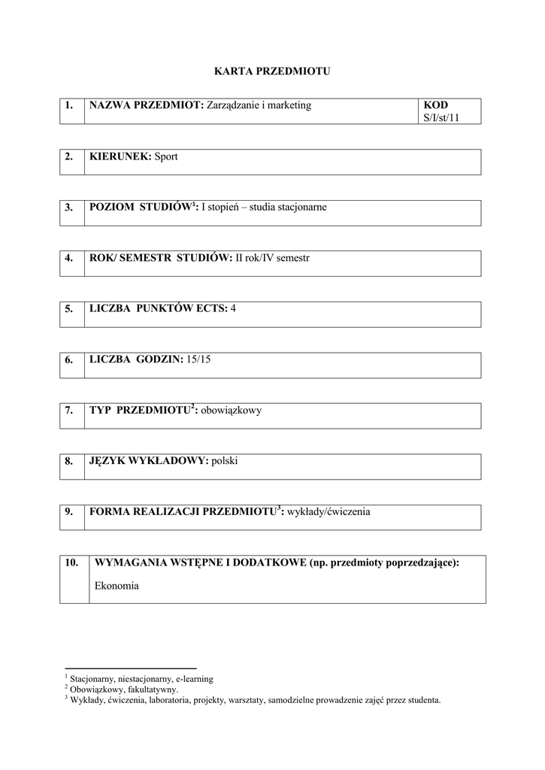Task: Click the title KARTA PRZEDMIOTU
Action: click(x=272, y=71)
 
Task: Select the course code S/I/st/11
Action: click(x=441, y=118)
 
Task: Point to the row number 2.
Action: click(x=68, y=156)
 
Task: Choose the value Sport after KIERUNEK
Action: click(x=166, y=156)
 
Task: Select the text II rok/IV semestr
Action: click(x=272, y=258)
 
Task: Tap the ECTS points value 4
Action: click(x=233, y=308)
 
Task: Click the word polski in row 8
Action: click(x=225, y=461)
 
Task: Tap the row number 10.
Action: click(x=72, y=563)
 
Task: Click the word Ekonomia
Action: click(x=117, y=585)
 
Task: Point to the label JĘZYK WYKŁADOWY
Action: click(x=148, y=461)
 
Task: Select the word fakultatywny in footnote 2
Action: click(x=154, y=689)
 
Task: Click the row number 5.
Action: click(x=68, y=308)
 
